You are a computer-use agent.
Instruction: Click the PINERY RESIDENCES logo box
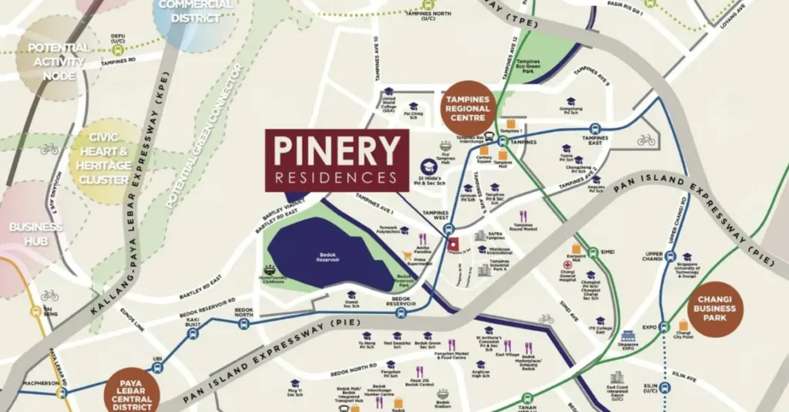pos(337,160)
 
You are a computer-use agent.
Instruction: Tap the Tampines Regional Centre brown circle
pos(468,108)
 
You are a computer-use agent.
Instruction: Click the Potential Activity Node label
pos(59,62)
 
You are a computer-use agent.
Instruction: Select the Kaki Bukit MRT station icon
pos(193,333)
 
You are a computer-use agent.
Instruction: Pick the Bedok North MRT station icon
pos(243,323)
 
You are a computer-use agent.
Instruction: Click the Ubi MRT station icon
pos(157,368)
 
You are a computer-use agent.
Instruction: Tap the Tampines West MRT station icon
pos(449,229)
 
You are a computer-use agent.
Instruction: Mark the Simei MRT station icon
pos(593,252)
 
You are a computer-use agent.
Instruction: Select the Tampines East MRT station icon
pos(595,129)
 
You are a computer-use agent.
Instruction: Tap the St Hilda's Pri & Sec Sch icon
pos(426,166)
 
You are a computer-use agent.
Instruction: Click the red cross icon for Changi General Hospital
pos(567,265)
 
